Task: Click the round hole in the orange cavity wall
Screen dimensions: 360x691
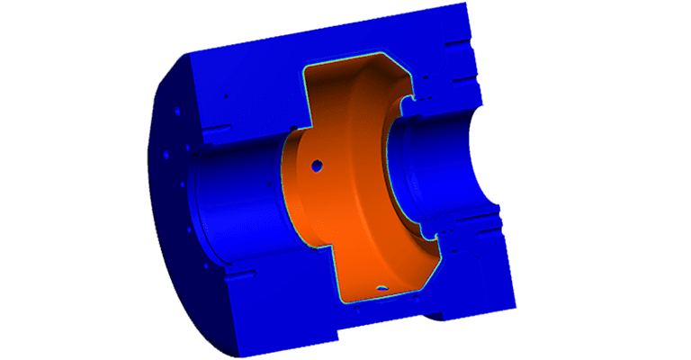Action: tap(317, 166)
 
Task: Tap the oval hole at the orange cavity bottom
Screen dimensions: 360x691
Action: tap(383, 288)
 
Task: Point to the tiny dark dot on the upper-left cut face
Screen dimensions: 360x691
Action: tap(227, 96)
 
